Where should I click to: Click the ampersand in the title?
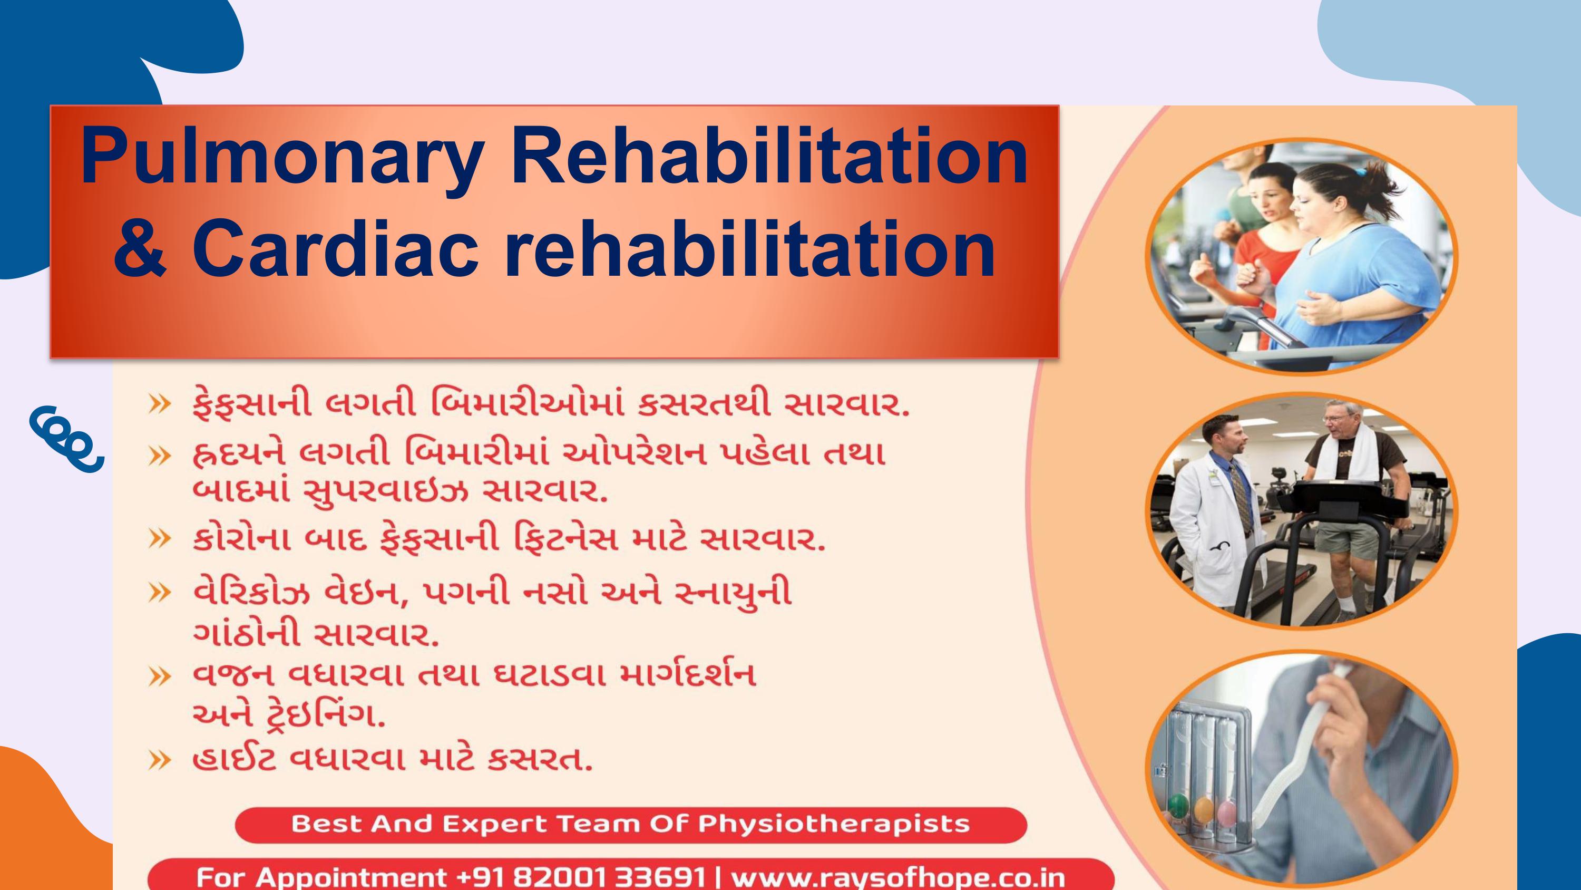click(140, 249)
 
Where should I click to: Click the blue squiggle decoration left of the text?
click(66, 439)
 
